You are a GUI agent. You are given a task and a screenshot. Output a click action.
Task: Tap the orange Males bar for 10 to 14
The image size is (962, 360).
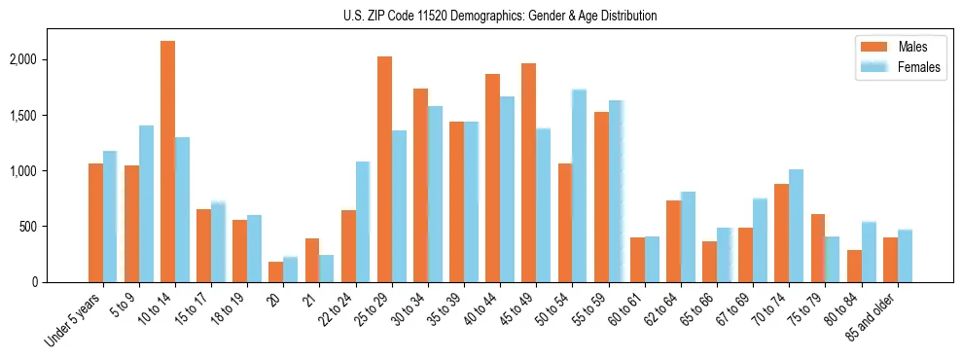coord(167,162)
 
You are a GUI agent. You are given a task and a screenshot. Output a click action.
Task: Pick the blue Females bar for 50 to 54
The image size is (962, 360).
coord(579,186)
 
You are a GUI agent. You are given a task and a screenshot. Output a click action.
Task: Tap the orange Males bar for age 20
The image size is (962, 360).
coord(276,271)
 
